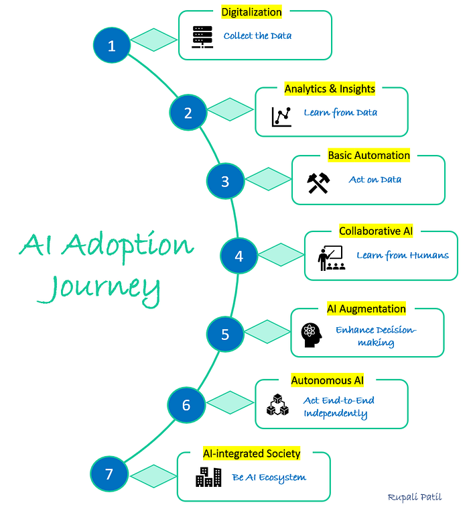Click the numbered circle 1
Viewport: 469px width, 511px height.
coord(112,46)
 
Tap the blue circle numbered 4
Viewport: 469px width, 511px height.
coord(239,255)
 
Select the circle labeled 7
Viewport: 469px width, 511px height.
coord(109,474)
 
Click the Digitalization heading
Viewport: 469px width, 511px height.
coord(251,12)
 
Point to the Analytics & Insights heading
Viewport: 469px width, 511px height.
coord(330,89)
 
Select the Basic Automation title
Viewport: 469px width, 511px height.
coord(368,156)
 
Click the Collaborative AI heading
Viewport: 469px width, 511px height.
coord(376,231)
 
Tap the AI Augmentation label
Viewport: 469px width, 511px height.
coord(366,308)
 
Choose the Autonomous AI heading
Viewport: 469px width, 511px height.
coord(328,380)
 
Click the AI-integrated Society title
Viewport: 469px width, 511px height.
coord(251,453)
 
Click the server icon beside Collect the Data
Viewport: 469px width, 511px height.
coord(202,37)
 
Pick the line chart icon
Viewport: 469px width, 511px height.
coord(281,117)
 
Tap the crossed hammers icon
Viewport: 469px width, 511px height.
coord(318,183)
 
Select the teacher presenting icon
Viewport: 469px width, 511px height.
coord(331,258)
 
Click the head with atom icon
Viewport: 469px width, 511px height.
coord(312,335)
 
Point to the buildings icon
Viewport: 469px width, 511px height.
coord(208,477)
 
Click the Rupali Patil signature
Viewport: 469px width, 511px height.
coord(414,497)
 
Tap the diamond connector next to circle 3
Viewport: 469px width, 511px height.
coord(268,179)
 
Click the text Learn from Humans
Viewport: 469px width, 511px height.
coord(403,255)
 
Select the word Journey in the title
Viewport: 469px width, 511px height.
coord(99,290)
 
